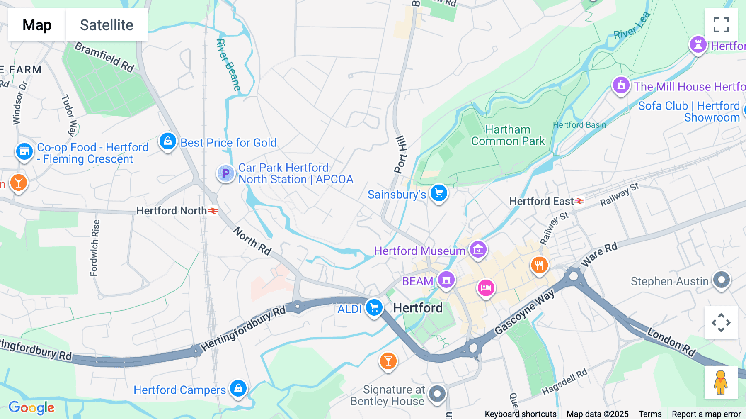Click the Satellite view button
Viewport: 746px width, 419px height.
(x=107, y=25)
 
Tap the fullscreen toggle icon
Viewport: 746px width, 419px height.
(x=721, y=25)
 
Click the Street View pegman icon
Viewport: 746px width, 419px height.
(x=721, y=382)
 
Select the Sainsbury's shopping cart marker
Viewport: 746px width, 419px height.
(x=438, y=193)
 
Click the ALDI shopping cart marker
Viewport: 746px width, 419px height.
(x=374, y=308)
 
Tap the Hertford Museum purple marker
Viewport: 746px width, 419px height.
(x=478, y=250)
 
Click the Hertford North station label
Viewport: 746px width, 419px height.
(x=172, y=211)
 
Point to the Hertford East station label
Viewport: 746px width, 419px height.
(x=541, y=201)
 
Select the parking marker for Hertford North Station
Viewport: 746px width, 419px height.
(x=226, y=173)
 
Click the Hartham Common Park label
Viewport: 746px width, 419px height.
(x=508, y=136)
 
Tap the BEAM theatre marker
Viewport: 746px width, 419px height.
(x=446, y=280)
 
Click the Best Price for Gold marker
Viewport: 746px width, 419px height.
(x=168, y=141)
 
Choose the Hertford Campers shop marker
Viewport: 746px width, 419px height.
(x=238, y=388)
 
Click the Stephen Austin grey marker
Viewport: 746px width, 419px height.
(x=721, y=280)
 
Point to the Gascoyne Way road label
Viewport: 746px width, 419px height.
(x=524, y=312)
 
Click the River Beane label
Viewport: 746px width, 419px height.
(x=228, y=65)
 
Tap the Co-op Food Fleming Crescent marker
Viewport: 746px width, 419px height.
(x=24, y=151)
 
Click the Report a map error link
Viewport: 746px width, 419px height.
(x=706, y=414)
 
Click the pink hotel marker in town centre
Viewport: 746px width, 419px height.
(x=486, y=287)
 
